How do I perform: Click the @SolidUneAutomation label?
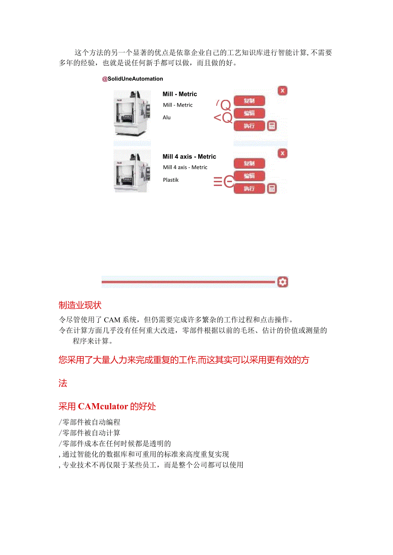pos(132,79)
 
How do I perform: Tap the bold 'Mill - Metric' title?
pos(180,94)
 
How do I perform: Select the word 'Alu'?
pos(167,118)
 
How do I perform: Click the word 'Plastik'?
pos(171,180)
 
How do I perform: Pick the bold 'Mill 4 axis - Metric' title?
pos(189,157)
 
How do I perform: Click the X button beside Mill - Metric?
pos(282,90)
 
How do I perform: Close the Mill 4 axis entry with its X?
pos(282,153)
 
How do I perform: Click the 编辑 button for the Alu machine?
pos(249,113)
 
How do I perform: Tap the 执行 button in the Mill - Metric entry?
pos(249,126)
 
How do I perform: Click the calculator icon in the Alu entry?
pos(272,126)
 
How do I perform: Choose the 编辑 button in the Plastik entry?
pos(249,176)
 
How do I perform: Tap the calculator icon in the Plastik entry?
pos(272,189)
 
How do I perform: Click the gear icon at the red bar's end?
pos(282,282)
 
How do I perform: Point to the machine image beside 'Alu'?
pos(132,113)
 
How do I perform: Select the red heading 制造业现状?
pos(80,305)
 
